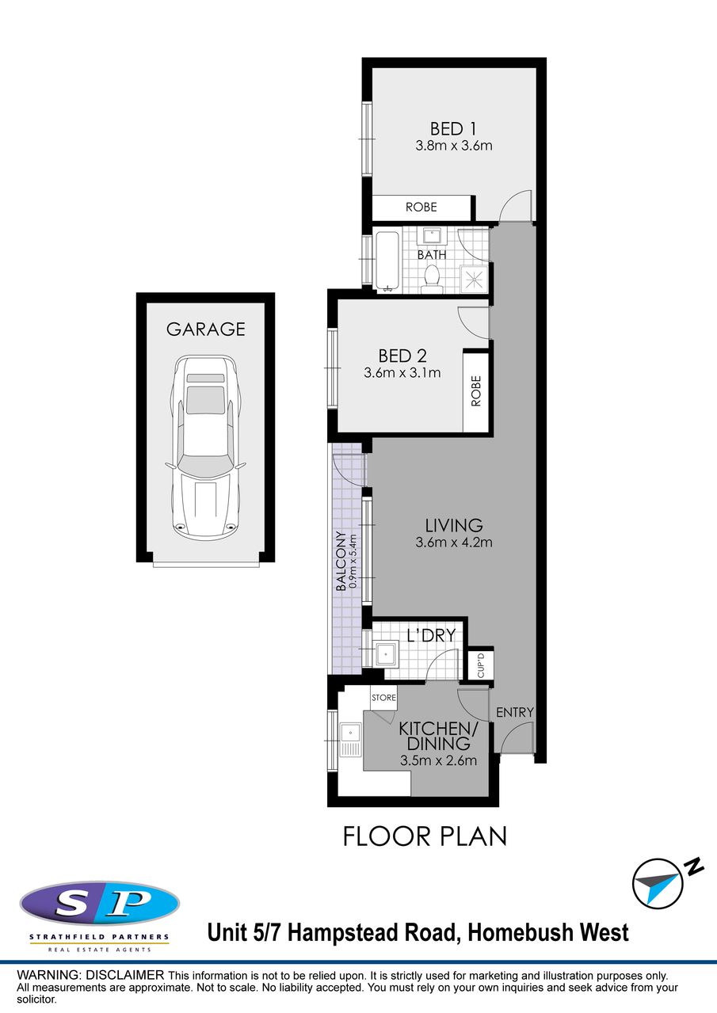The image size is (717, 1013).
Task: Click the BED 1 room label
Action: point(453,129)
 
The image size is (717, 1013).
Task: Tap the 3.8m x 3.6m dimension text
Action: point(454,146)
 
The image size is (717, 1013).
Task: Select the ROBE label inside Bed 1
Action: point(421,208)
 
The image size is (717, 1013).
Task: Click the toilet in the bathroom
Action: point(432,278)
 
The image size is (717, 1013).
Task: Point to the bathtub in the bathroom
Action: point(387,261)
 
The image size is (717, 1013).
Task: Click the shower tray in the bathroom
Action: point(474,280)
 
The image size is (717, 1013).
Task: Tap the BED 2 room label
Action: point(402,356)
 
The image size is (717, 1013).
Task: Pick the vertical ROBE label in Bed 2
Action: point(476,391)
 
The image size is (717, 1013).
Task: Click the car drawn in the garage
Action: point(205,447)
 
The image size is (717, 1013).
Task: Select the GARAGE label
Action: point(206,329)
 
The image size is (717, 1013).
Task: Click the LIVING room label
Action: point(454,525)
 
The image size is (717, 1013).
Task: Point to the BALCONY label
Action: point(341,561)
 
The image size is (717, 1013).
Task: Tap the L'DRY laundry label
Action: point(431,635)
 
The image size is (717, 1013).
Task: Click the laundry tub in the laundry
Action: point(386,654)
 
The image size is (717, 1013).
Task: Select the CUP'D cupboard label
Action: point(480,665)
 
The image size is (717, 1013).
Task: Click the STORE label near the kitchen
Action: point(383,698)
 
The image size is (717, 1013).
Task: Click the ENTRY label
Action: point(515,713)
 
